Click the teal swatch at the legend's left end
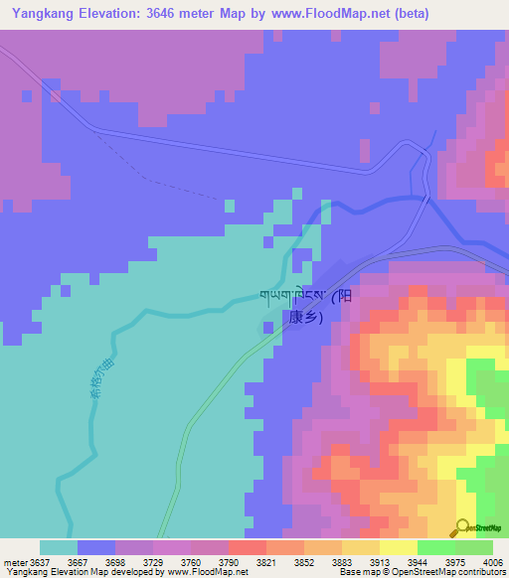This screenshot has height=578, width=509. [x=59, y=546]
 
